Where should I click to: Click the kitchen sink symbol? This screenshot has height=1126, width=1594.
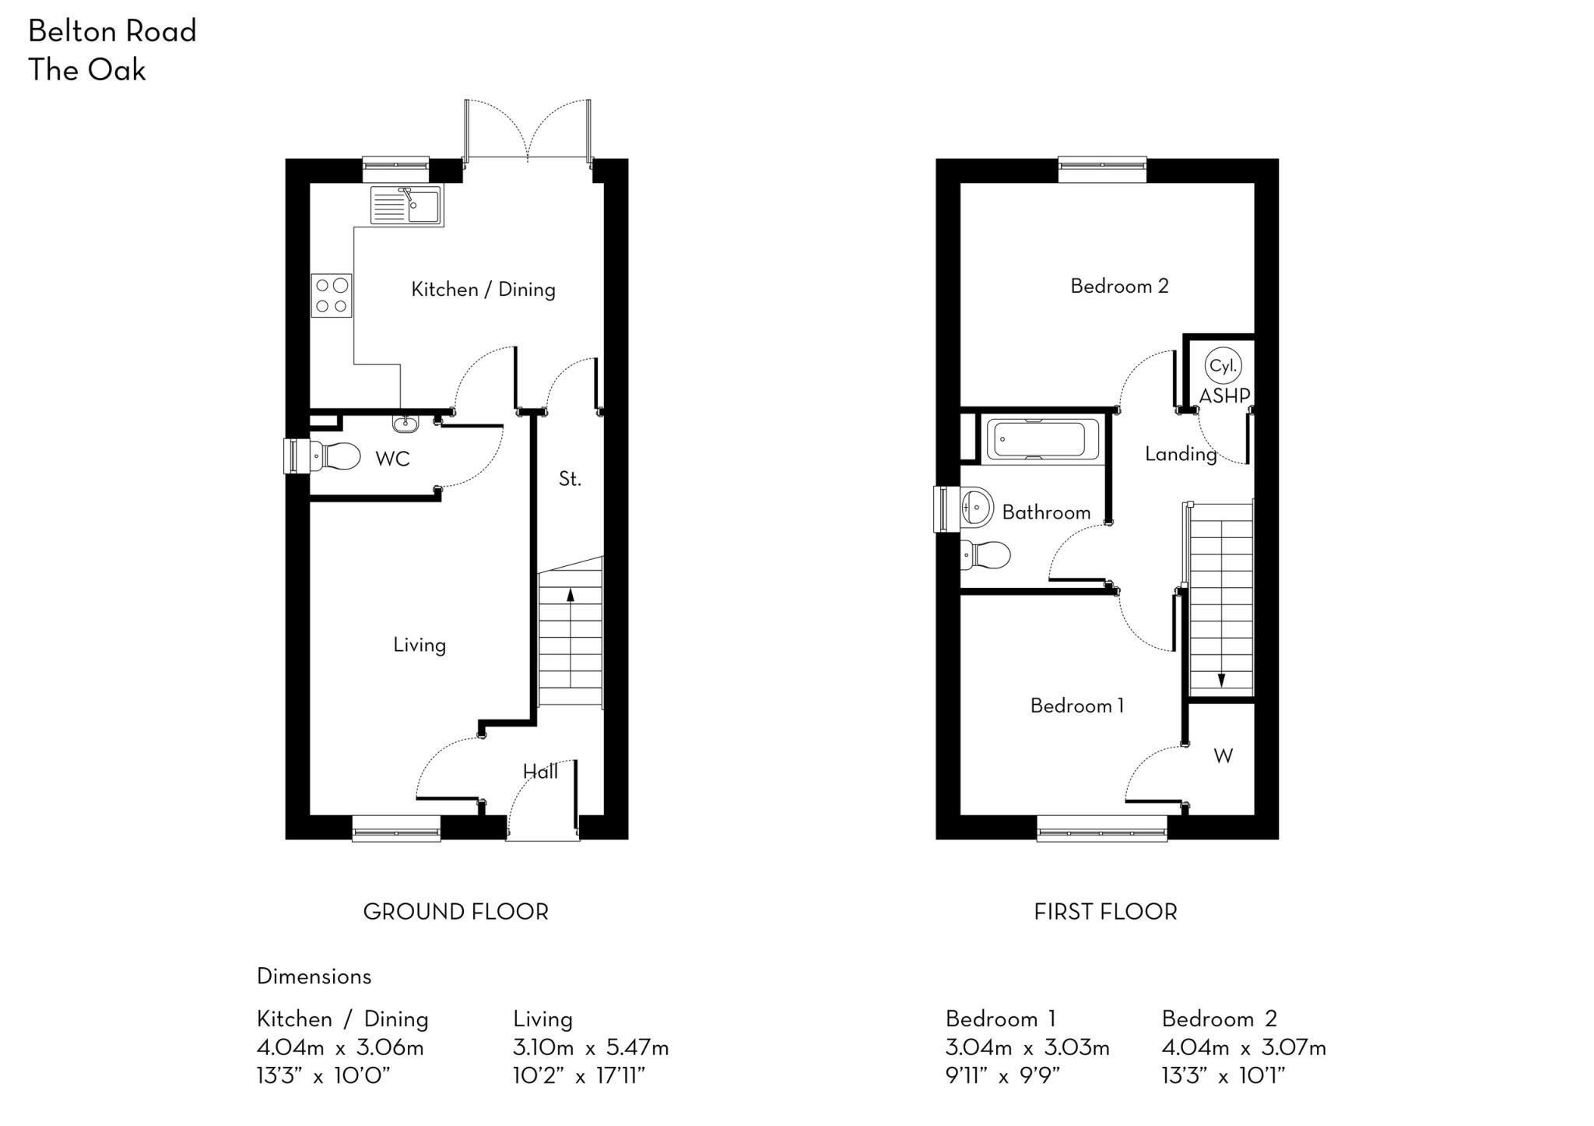click(406, 206)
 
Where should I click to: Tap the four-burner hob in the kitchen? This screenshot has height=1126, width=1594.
click(332, 296)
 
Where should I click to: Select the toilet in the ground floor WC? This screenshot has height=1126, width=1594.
click(335, 456)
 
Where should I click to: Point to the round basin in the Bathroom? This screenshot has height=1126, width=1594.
click(977, 508)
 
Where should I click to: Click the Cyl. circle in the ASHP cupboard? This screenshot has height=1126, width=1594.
click(1224, 366)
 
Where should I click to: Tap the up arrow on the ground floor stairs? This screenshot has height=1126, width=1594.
click(571, 596)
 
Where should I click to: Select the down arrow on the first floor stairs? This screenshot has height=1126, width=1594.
click(1221, 679)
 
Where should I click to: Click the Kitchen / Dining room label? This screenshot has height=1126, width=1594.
click(483, 290)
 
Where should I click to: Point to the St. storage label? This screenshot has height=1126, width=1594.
click(570, 479)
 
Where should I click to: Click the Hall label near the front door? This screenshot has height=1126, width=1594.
click(540, 772)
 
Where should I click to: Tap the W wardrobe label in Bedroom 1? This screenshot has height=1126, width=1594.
click(1223, 755)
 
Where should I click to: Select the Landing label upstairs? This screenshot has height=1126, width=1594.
click(1180, 454)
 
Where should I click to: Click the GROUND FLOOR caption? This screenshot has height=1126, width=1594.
click(455, 912)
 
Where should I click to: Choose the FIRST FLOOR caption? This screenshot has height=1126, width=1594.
click(1105, 912)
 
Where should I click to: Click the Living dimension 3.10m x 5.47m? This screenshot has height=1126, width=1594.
click(591, 1047)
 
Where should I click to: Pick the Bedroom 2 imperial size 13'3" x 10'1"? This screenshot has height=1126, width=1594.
click(1223, 1076)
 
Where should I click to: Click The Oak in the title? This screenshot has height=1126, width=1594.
click(87, 70)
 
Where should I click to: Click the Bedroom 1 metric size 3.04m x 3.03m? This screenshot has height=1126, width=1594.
click(1027, 1047)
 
